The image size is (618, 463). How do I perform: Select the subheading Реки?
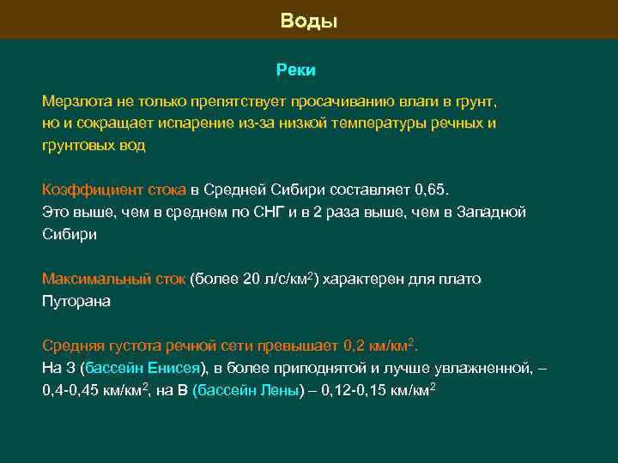[296, 69]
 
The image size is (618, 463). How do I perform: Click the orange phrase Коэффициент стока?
[114, 189]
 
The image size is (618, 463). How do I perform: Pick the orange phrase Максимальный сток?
[113, 280]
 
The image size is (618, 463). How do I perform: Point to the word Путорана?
[76, 302]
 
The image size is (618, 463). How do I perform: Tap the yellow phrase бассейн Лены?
[250, 391]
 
